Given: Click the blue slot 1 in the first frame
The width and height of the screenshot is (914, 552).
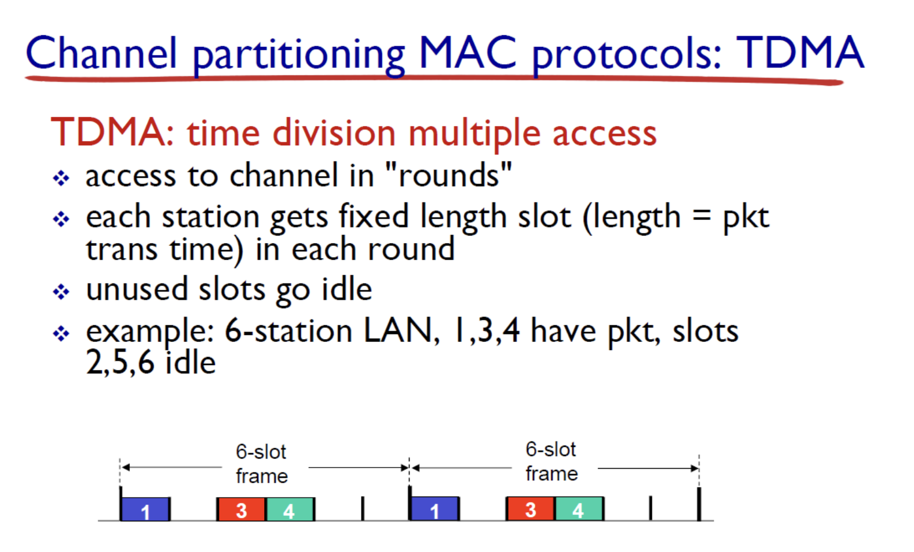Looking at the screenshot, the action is point(145,509).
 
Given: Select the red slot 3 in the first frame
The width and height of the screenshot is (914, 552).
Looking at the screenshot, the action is point(241,509).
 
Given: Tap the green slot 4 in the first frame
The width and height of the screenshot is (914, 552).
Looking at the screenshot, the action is point(290,509).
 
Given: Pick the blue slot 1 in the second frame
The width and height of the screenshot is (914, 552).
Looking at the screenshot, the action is point(435,509).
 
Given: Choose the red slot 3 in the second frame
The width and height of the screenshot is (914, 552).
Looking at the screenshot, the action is point(531,509).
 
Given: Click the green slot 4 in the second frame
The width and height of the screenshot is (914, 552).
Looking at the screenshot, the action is point(579,509).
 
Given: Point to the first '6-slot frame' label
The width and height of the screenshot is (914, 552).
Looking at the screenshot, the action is point(262,464).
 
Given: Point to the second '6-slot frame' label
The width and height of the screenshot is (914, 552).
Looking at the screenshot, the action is point(551,462).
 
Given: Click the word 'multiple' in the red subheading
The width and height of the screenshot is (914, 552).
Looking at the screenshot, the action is point(474,132).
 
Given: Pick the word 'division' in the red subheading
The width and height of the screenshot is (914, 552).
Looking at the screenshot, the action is point(334,132).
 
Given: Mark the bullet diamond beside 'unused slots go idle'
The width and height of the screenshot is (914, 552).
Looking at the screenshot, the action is point(61,292).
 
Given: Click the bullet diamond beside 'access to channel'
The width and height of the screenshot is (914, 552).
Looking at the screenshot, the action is point(61,178).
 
